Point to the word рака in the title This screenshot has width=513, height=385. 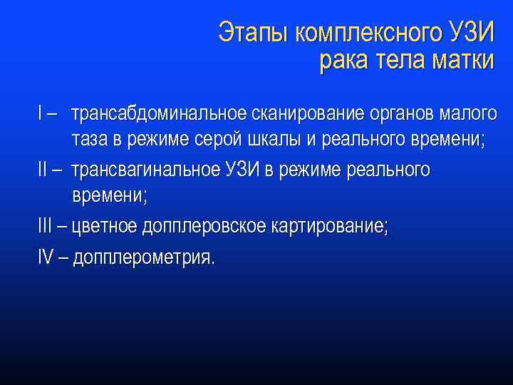343,61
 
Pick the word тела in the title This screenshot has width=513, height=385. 400,61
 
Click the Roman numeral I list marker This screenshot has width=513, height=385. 41,113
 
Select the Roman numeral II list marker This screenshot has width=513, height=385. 43,170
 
